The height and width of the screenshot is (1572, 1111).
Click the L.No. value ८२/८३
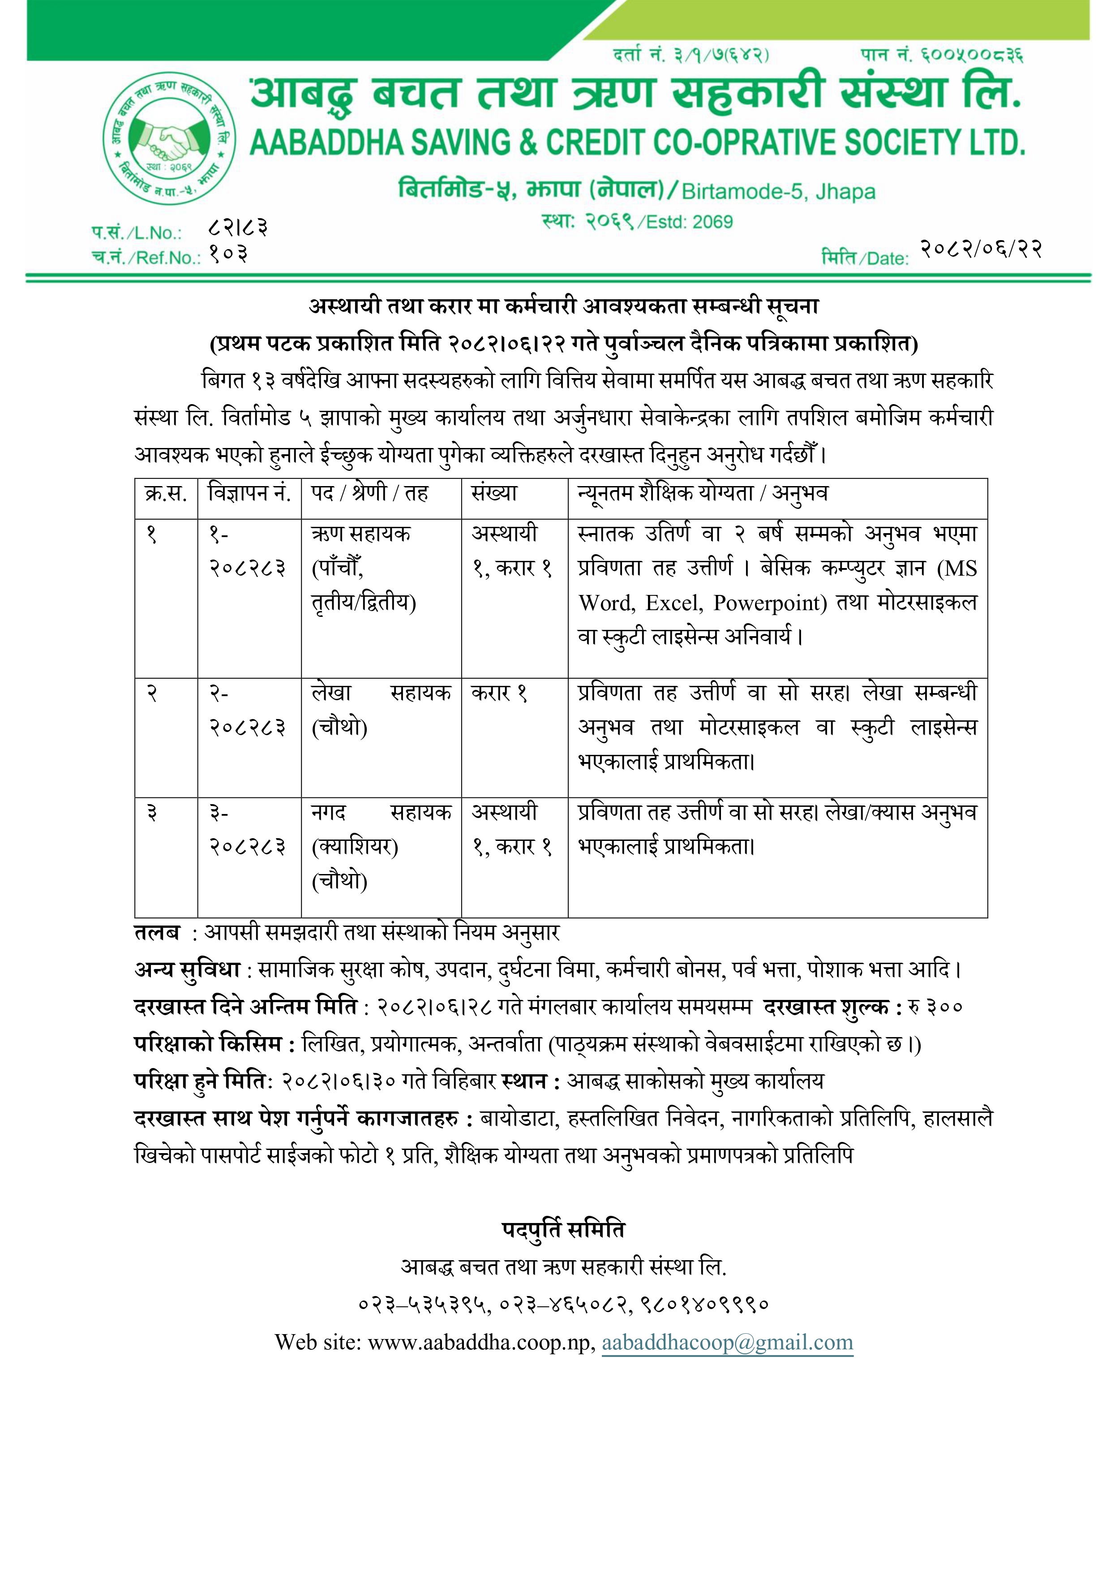[x=237, y=227]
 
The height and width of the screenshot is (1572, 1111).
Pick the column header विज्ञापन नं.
[x=249, y=493]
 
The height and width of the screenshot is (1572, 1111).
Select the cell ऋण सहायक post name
[x=361, y=534]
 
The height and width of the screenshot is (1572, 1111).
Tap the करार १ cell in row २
[x=499, y=693]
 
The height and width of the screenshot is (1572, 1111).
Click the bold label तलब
[x=157, y=933]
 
